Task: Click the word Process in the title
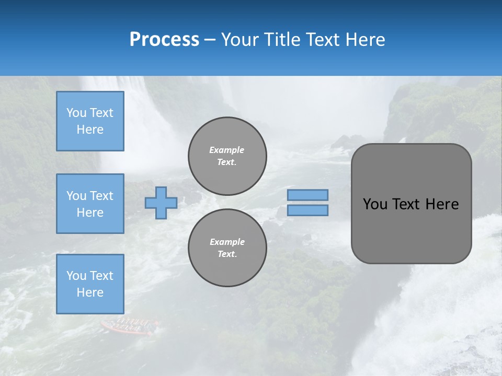point(164,40)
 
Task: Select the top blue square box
point(90,121)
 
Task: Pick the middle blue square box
point(90,204)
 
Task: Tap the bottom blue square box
point(90,284)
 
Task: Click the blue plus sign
point(161,203)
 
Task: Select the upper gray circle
point(227,156)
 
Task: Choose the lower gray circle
point(227,248)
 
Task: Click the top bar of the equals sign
point(308,195)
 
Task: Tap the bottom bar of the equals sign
point(308,210)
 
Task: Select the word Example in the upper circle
point(227,150)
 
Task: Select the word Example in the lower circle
point(227,242)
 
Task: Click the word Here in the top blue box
point(90,130)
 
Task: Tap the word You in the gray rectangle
point(374,204)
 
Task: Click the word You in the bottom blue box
point(76,276)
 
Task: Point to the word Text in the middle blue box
point(101,196)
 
